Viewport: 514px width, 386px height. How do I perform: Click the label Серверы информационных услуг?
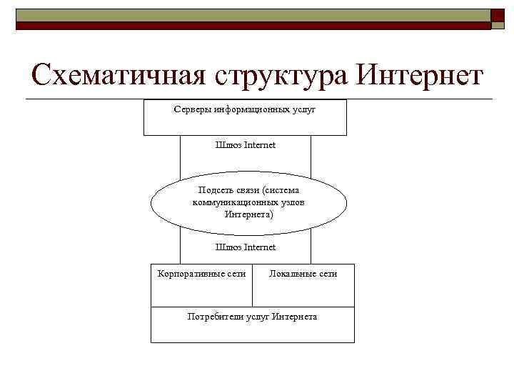pos(245,110)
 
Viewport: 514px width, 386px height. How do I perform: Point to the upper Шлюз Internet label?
pos(245,145)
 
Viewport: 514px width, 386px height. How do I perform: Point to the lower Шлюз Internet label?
pos(245,247)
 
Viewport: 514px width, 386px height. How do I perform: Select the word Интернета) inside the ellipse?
pos(248,214)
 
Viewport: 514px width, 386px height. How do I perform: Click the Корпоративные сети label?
pos(202,273)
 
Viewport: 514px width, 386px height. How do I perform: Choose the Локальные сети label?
pos(303,273)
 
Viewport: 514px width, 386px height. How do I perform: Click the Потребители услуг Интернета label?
pos(252,316)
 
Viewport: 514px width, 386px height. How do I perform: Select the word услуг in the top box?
pos(303,110)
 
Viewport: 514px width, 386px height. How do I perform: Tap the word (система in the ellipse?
pos(281,190)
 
